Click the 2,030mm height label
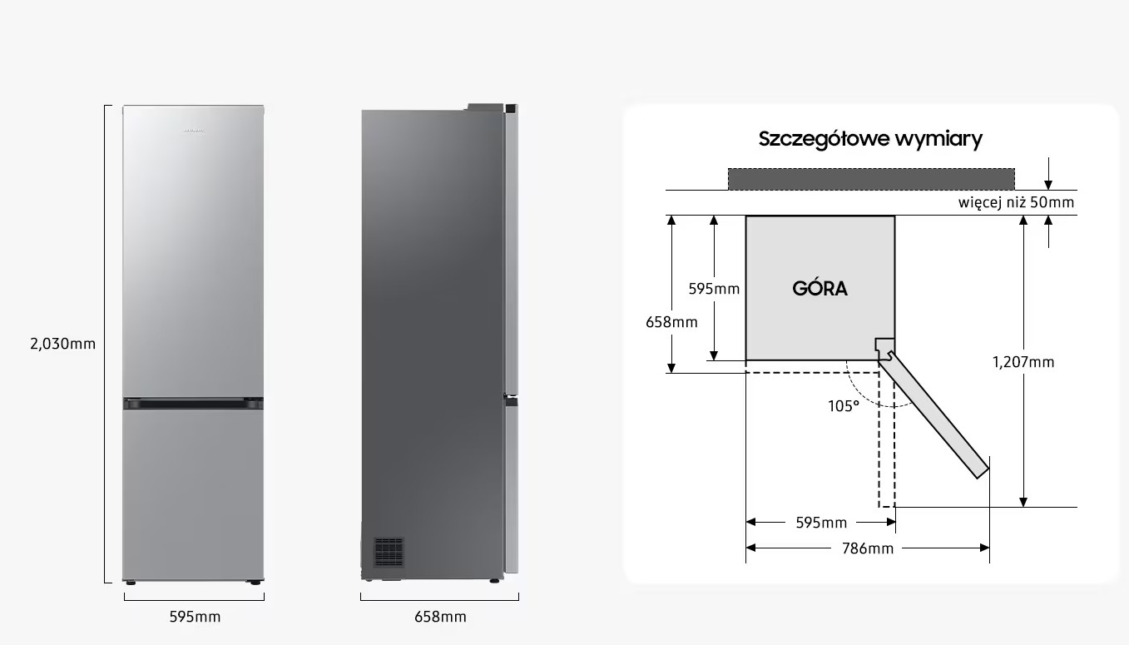click(x=62, y=344)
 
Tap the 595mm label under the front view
click(x=195, y=617)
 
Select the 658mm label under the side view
click(x=440, y=617)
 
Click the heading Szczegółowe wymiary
click(x=870, y=139)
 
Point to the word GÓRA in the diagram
click(x=820, y=288)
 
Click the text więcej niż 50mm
click(x=1016, y=202)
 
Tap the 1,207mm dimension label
click(x=1023, y=362)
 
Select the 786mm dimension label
click(x=868, y=548)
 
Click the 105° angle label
click(x=844, y=406)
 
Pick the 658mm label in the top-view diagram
click(x=671, y=322)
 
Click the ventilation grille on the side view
click(x=389, y=552)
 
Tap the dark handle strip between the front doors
click(x=193, y=403)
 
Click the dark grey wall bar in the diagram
click(x=871, y=179)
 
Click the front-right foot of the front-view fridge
click(x=255, y=583)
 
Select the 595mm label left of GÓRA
click(x=714, y=289)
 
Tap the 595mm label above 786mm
click(x=821, y=523)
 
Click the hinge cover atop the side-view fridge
click(x=485, y=107)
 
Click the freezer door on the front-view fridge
click(x=193, y=494)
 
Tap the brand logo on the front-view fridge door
click(x=193, y=131)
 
